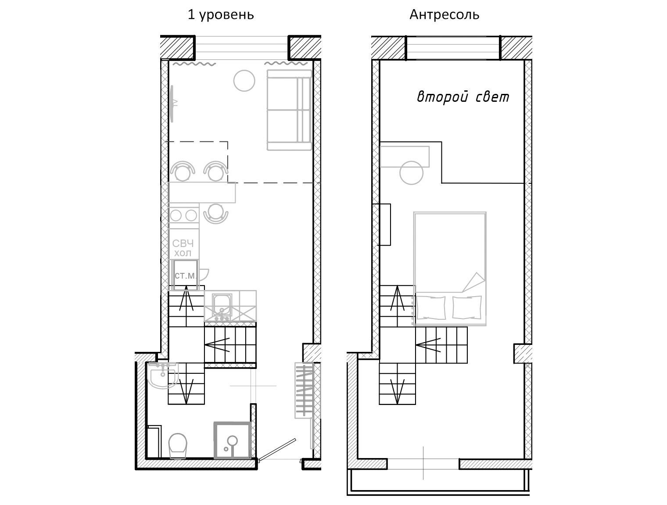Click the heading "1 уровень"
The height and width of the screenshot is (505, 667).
pos(221,14)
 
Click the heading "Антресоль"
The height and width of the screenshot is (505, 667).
pos(444,14)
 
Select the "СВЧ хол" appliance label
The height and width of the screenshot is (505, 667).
pos(183,248)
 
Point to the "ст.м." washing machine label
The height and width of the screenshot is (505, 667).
pos(185,276)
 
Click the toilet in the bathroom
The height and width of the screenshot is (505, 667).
pos(177,446)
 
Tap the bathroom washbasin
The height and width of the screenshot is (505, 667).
pos(162,376)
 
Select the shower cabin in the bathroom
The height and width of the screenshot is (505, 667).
pos(233,440)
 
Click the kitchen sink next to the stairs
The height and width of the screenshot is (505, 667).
pos(222,306)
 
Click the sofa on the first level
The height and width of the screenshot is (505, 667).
pos(289,110)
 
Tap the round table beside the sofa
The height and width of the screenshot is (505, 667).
pos(244,81)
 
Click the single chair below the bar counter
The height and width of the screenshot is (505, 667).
pos(216,213)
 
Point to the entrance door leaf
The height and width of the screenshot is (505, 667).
pos(277,448)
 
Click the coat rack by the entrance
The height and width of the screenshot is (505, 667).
pos(304,390)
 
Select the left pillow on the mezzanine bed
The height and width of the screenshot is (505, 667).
pos(431,308)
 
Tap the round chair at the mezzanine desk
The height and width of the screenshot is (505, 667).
pos(411,173)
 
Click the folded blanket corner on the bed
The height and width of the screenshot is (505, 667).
pos(473,282)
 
